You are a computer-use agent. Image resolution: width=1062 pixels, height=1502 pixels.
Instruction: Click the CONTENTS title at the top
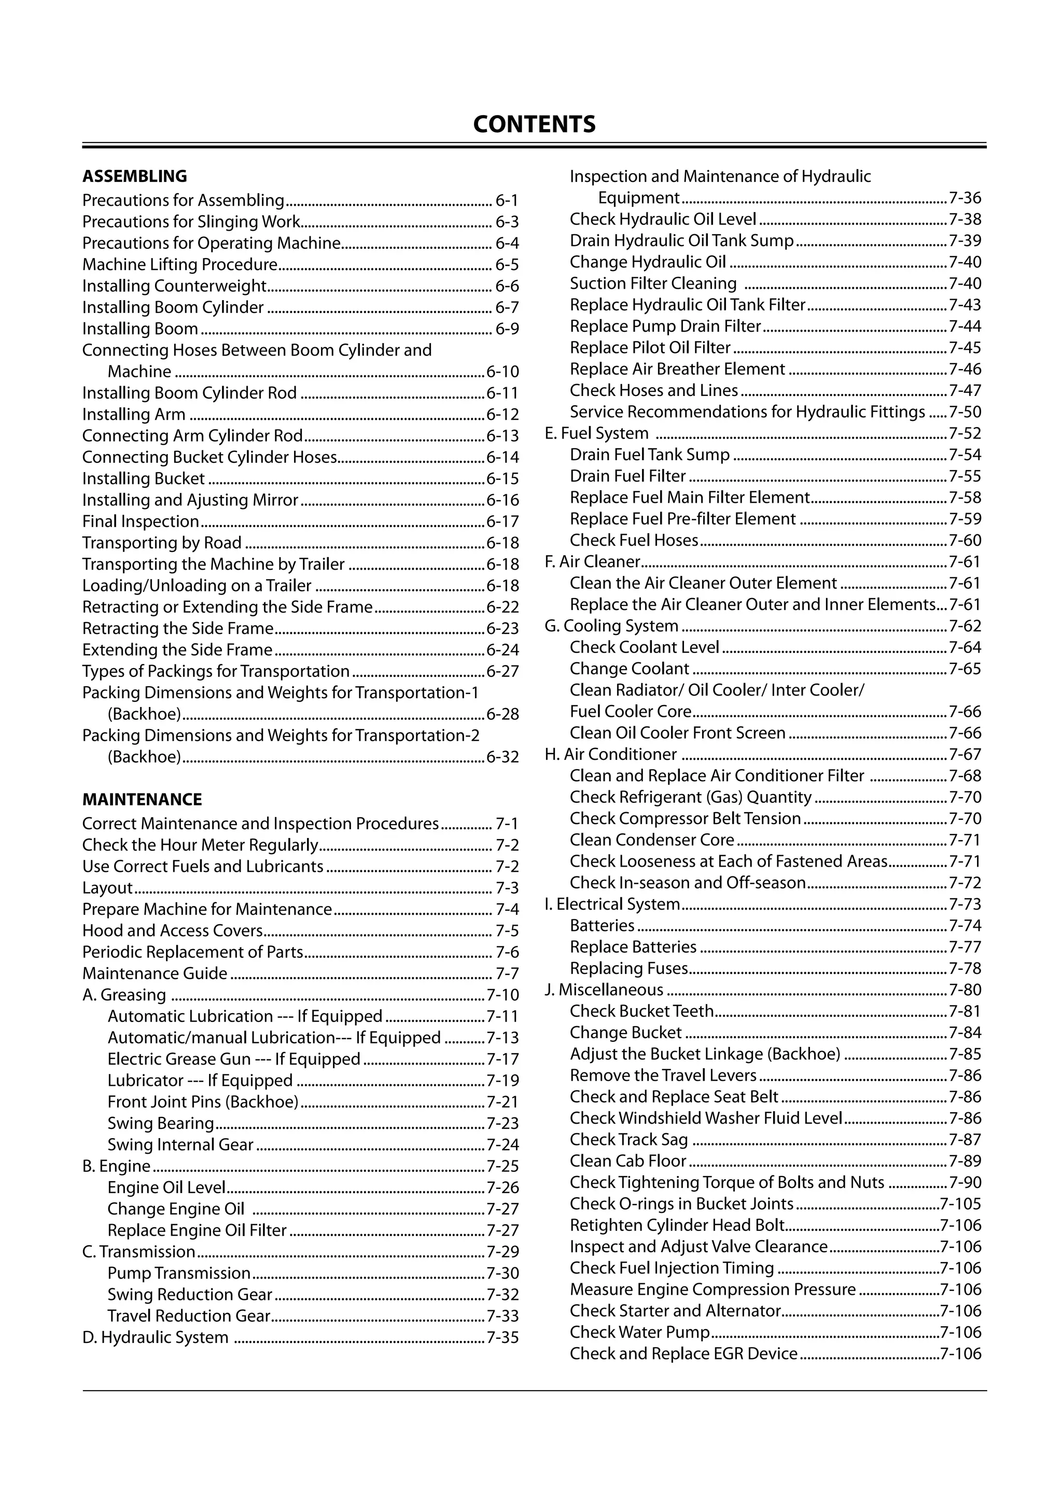coord(534,124)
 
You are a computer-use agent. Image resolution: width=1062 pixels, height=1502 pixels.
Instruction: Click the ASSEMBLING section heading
coord(134,176)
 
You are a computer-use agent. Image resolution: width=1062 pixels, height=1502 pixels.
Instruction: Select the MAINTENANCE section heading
coord(142,799)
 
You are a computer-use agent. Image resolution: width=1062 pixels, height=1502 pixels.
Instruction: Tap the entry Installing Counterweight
coord(174,286)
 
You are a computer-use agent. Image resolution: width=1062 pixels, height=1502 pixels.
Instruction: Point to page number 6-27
coord(502,672)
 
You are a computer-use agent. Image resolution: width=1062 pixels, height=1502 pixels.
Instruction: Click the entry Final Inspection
coord(141,521)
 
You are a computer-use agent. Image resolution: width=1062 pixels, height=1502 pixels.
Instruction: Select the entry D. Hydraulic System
coord(155,1338)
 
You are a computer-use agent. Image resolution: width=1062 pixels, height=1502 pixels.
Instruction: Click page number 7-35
coord(502,1338)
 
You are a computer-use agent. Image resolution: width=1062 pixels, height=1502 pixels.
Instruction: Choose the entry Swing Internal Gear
coord(180,1145)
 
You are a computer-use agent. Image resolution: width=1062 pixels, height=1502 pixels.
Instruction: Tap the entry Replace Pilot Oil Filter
coord(650,347)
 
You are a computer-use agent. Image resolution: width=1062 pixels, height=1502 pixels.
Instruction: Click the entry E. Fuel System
coord(596,433)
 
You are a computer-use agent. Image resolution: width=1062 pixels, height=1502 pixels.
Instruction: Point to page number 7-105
coord(960,1203)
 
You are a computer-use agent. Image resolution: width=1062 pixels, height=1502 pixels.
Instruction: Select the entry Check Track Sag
coord(628,1140)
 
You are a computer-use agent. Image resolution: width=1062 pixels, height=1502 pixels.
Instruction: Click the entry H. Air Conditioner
coord(610,754)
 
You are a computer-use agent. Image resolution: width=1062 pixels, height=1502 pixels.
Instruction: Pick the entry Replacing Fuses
coord(628,968)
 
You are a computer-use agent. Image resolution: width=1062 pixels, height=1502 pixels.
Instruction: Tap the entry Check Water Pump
coord(639,1333)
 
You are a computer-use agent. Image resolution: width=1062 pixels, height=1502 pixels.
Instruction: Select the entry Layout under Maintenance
coord(107,888)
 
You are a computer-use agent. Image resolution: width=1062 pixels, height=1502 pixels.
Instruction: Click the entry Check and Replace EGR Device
coord(683,1353)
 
